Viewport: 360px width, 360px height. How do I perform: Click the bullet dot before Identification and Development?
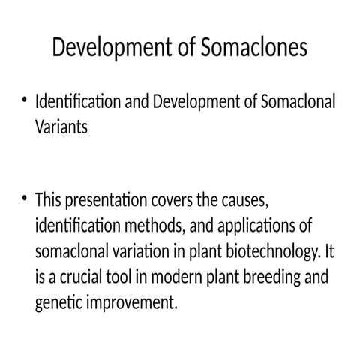[x=25, y=99]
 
